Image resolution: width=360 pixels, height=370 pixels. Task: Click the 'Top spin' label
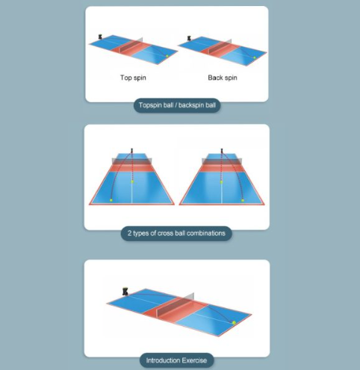tap(133, 78)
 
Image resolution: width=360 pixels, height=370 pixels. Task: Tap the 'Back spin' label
tap(223, 78)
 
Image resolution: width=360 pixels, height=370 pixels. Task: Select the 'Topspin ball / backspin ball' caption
tap(177, 105)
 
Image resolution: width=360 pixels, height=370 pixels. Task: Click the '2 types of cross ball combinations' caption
tap(176, 233)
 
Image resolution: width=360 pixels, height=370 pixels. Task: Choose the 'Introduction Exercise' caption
tap(176, 360)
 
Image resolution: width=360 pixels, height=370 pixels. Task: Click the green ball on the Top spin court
tap(167, 56)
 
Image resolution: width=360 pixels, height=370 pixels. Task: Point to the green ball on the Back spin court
tap(255, 57)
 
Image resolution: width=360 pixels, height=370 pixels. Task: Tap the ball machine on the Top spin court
tap(100, 37)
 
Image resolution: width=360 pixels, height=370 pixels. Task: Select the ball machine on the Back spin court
tap(189, 38)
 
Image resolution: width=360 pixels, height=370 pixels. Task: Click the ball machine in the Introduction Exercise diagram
tap(125, 292)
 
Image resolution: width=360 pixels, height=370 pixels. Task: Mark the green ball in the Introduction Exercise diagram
tap(234, 323)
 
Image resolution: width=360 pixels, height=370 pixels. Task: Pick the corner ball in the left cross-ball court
tap(111, 200)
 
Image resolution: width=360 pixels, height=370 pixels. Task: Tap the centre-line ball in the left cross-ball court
tap(132, 182)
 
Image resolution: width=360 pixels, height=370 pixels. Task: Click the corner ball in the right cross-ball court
tap(243, 200)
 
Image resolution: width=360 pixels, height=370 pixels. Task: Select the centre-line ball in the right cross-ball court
tap(221, 182)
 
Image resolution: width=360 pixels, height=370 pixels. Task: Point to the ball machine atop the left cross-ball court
tap(132, 151)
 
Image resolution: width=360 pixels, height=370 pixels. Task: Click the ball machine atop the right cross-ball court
tap(222, 151)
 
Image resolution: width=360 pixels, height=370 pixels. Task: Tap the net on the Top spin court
tap(131, 46)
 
